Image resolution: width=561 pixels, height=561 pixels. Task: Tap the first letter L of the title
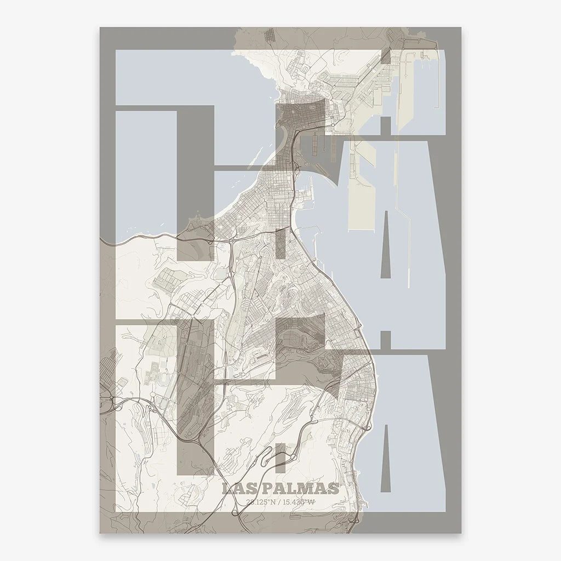pos(226,488)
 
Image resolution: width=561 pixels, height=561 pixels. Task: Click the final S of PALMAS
pos(333,488)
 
